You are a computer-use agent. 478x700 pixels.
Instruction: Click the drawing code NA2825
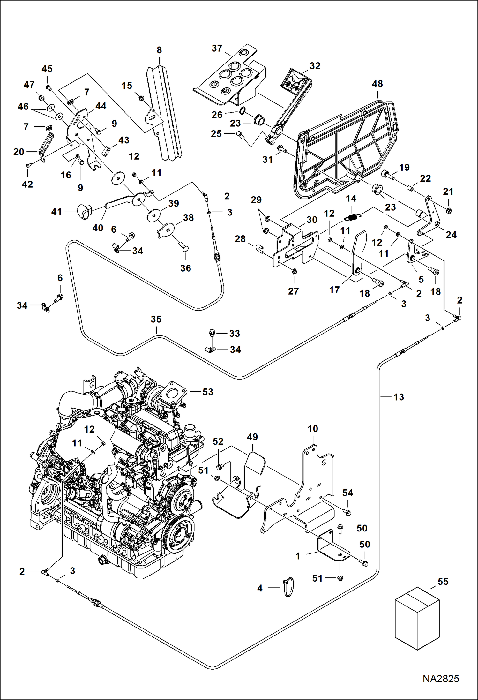(441, 679)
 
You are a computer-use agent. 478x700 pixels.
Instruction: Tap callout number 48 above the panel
(377, 84)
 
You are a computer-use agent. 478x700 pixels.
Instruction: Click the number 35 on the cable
(156, 319)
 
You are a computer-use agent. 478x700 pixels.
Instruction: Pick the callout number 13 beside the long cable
(399, 397)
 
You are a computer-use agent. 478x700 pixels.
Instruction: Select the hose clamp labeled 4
(288, 587)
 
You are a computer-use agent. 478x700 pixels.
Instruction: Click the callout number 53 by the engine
(208, 392)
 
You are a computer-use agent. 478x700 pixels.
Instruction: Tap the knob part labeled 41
(84, 211)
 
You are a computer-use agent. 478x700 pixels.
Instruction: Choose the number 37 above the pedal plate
(217, 49)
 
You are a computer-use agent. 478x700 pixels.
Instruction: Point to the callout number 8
(159, 50)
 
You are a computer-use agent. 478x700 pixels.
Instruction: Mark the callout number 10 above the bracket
(313, 429)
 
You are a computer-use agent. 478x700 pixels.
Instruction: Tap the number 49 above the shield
(252, 437)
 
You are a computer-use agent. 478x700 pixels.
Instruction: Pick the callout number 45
(47, 69)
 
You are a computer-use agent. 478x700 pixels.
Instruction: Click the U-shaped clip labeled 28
(259, 249)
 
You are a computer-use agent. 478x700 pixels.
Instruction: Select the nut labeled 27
(294, 272)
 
